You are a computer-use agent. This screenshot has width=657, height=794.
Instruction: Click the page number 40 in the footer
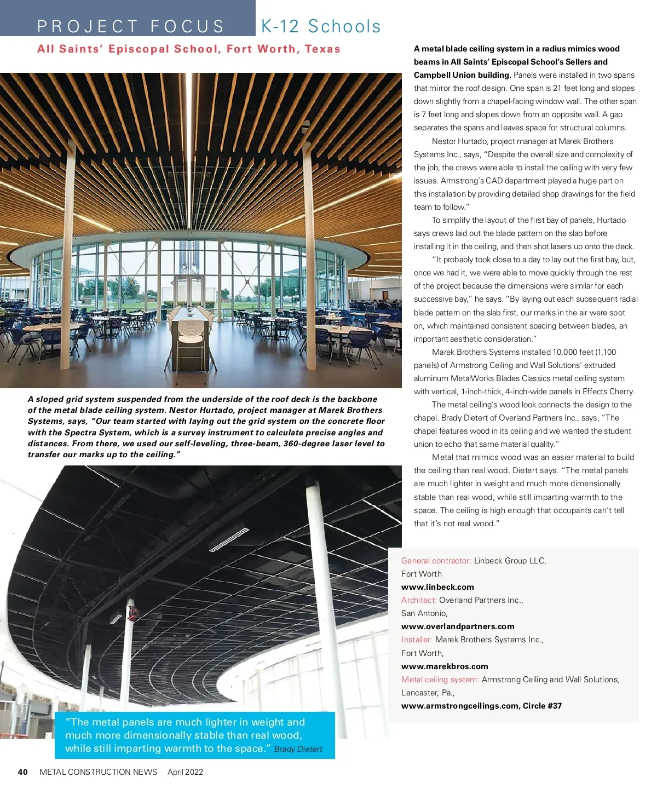[22, 772]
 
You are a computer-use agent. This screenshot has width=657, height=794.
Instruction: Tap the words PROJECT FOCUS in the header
[131, 26]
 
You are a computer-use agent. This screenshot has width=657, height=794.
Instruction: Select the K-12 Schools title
[321, 26]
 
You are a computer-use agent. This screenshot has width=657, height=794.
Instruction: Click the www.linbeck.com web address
[437, 587]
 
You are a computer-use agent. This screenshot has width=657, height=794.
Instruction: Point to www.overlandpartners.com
[458, 626]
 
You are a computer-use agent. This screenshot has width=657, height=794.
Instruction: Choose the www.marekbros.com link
[445, 666]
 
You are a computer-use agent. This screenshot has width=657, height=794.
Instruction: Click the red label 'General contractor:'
[436, 561]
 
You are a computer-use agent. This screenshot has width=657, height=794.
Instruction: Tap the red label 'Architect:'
[419, 600]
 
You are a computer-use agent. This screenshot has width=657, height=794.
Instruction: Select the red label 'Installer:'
[417, 640]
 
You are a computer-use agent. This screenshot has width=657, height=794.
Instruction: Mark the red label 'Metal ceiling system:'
[440, 680]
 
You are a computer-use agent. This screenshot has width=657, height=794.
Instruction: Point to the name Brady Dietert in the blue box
[298, 749]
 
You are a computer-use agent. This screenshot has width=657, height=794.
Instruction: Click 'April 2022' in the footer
[185, 772]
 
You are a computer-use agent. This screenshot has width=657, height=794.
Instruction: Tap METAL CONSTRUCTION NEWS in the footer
[98, 772]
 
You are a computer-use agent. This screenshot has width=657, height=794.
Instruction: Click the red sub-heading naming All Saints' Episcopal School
[189, 49]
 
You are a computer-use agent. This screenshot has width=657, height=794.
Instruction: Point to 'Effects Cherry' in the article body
[608, 392]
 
